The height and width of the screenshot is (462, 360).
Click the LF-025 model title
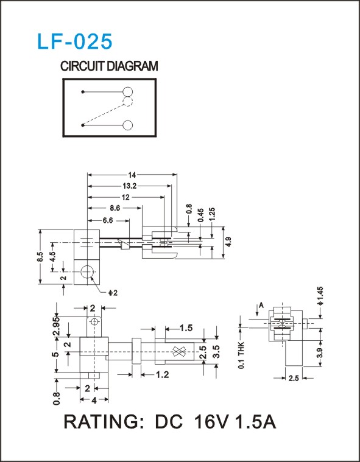click(74, 41)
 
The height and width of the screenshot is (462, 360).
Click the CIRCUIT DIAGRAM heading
click(109, 66)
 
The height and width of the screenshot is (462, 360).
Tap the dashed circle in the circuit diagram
click(128, 102)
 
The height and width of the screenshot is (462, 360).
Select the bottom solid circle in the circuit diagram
click(128, 125)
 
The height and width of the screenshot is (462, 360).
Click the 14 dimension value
click(132, 175)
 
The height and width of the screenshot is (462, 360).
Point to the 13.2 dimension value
click(130, 186)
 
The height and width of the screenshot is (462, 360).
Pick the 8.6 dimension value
click(115, 208)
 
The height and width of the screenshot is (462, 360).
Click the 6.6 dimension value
click(108, 220)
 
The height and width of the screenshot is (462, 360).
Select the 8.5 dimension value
click(41, 256)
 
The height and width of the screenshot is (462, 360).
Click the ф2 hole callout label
click(113, 293)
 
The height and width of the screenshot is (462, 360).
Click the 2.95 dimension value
click(57, 326)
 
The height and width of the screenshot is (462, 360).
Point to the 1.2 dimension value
click(163, 374)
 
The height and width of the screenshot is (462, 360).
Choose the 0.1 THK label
click(241, 355)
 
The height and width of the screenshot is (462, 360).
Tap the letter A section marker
click(261, 306)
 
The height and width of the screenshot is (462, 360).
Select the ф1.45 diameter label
click(321, 296)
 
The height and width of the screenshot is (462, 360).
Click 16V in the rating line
click(211, 422)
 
